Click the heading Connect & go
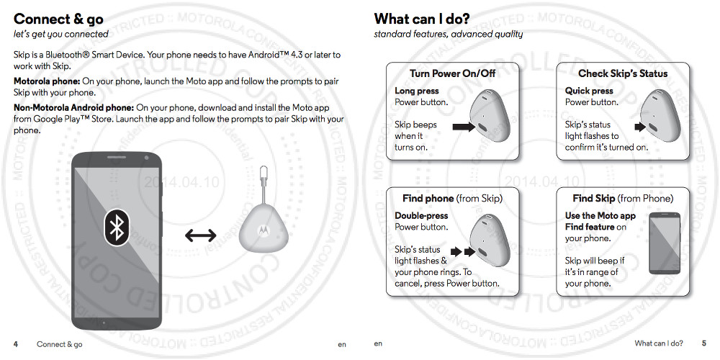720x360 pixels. pyautogui.click(x=58, y=19)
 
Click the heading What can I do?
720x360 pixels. pyautogui.click(x=422, y=19)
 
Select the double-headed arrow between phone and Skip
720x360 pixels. pyautogui.click(x=201, y=235)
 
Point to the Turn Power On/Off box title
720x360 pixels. pyautogui.click(x=452, y=73)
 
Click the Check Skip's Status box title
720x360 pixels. pyautogui.click(x=623, y=73)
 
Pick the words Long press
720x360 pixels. pyautogui.click(x=417, y=91)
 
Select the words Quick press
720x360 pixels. pyautogui.click(x=589, y=91)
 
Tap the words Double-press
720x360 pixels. pyautogui.click(x=421, y=215)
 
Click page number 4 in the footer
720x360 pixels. pyautogui.click(x=16, y=344)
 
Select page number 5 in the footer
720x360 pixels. pyautogui.click(x=703, y=343)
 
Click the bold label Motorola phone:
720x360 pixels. pyautogui.click(x=47, y=81)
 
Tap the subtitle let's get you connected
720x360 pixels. pyautogui.click(x=61, y=34)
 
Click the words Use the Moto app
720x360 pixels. pyautogui.click(x=600, y=215)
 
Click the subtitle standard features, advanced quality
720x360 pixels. pyautogui.click(x=448, y=34)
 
